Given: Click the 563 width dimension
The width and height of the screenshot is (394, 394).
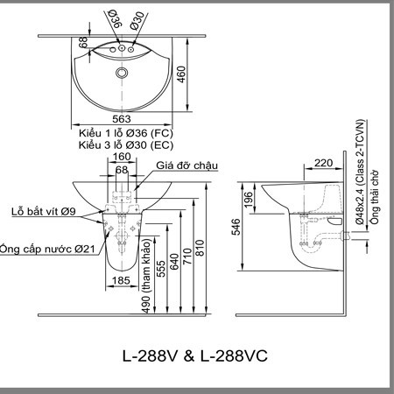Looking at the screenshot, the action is click(122, 119).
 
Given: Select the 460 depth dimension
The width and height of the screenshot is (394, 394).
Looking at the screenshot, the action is click(181, 74).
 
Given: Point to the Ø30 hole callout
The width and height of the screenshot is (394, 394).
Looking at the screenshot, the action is click(137, 20).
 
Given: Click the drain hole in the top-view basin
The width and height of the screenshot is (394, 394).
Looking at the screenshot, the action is click(122, 73).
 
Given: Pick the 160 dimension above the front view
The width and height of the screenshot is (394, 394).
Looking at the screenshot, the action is click(122, 157).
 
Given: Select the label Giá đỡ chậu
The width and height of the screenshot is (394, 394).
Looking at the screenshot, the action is click(186, 165).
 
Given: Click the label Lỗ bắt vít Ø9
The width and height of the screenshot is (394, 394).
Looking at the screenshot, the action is click(44, 211).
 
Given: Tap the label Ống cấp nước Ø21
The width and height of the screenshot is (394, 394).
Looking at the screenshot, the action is click(47, 249).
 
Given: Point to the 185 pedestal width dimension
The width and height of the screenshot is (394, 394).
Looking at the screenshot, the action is click(121, 280).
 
